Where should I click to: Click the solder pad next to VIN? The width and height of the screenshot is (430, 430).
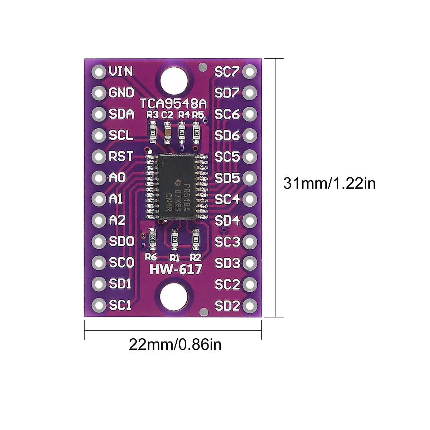(98, 72)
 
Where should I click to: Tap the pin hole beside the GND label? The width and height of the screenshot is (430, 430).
(98, 93)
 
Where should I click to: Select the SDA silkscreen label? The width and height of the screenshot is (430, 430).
(121, 114)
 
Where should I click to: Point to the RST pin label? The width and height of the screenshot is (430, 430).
(121, 157)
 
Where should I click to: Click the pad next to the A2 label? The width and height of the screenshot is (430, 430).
(98, 220)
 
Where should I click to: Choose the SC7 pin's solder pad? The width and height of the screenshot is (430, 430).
(250, 72)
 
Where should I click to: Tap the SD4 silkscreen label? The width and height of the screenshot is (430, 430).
(227, 220)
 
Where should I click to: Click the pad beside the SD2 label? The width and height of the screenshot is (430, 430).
(250, 306)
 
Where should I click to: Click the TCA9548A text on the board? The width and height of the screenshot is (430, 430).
(173, 104)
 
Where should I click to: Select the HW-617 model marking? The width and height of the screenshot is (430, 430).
(176, 269)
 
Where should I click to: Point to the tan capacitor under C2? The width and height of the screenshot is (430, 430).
(167, 132)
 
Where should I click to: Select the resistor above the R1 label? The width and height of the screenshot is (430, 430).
(175, 239)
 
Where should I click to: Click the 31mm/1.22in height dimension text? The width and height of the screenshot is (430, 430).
(329, 183)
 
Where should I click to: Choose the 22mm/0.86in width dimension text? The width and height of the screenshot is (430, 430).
(175, 345)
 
